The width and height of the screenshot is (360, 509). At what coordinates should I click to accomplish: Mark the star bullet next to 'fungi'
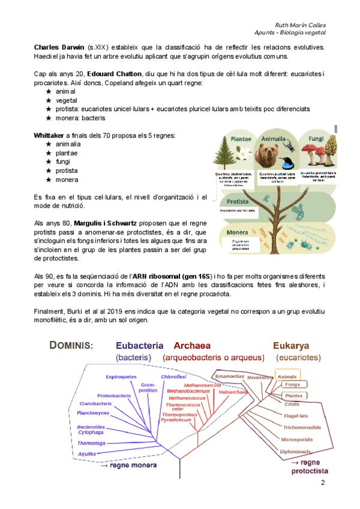coord(48,162)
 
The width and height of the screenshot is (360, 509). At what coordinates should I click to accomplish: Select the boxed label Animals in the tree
coord(288,376)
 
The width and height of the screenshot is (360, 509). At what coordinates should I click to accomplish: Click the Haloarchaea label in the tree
coord(233,391)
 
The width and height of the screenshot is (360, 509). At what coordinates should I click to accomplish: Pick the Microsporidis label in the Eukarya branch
coord(296,439)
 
